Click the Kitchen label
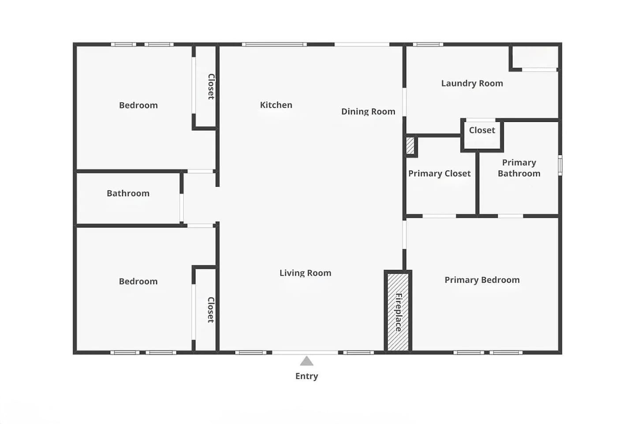pos(276,105)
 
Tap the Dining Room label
pos(368,111)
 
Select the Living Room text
pos(305,273)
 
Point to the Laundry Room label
pos(472,83)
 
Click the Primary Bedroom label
pos(482,280)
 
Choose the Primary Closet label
pos(439,173)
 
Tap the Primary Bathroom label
pos(519,168)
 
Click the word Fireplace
pos(398,312)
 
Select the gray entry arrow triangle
pos(306,361)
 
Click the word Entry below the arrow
pos(306,376)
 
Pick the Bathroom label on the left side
pos(128,193)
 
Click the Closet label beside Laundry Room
pos(482,130)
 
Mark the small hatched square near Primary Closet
pos(410,146)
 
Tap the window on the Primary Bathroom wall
pos(560,165)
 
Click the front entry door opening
pos(305,352)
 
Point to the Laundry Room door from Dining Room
pos(404,102)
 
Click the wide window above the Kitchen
pos(274,44)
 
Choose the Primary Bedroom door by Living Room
pos(404,235)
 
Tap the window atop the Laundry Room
pos(428,44)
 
